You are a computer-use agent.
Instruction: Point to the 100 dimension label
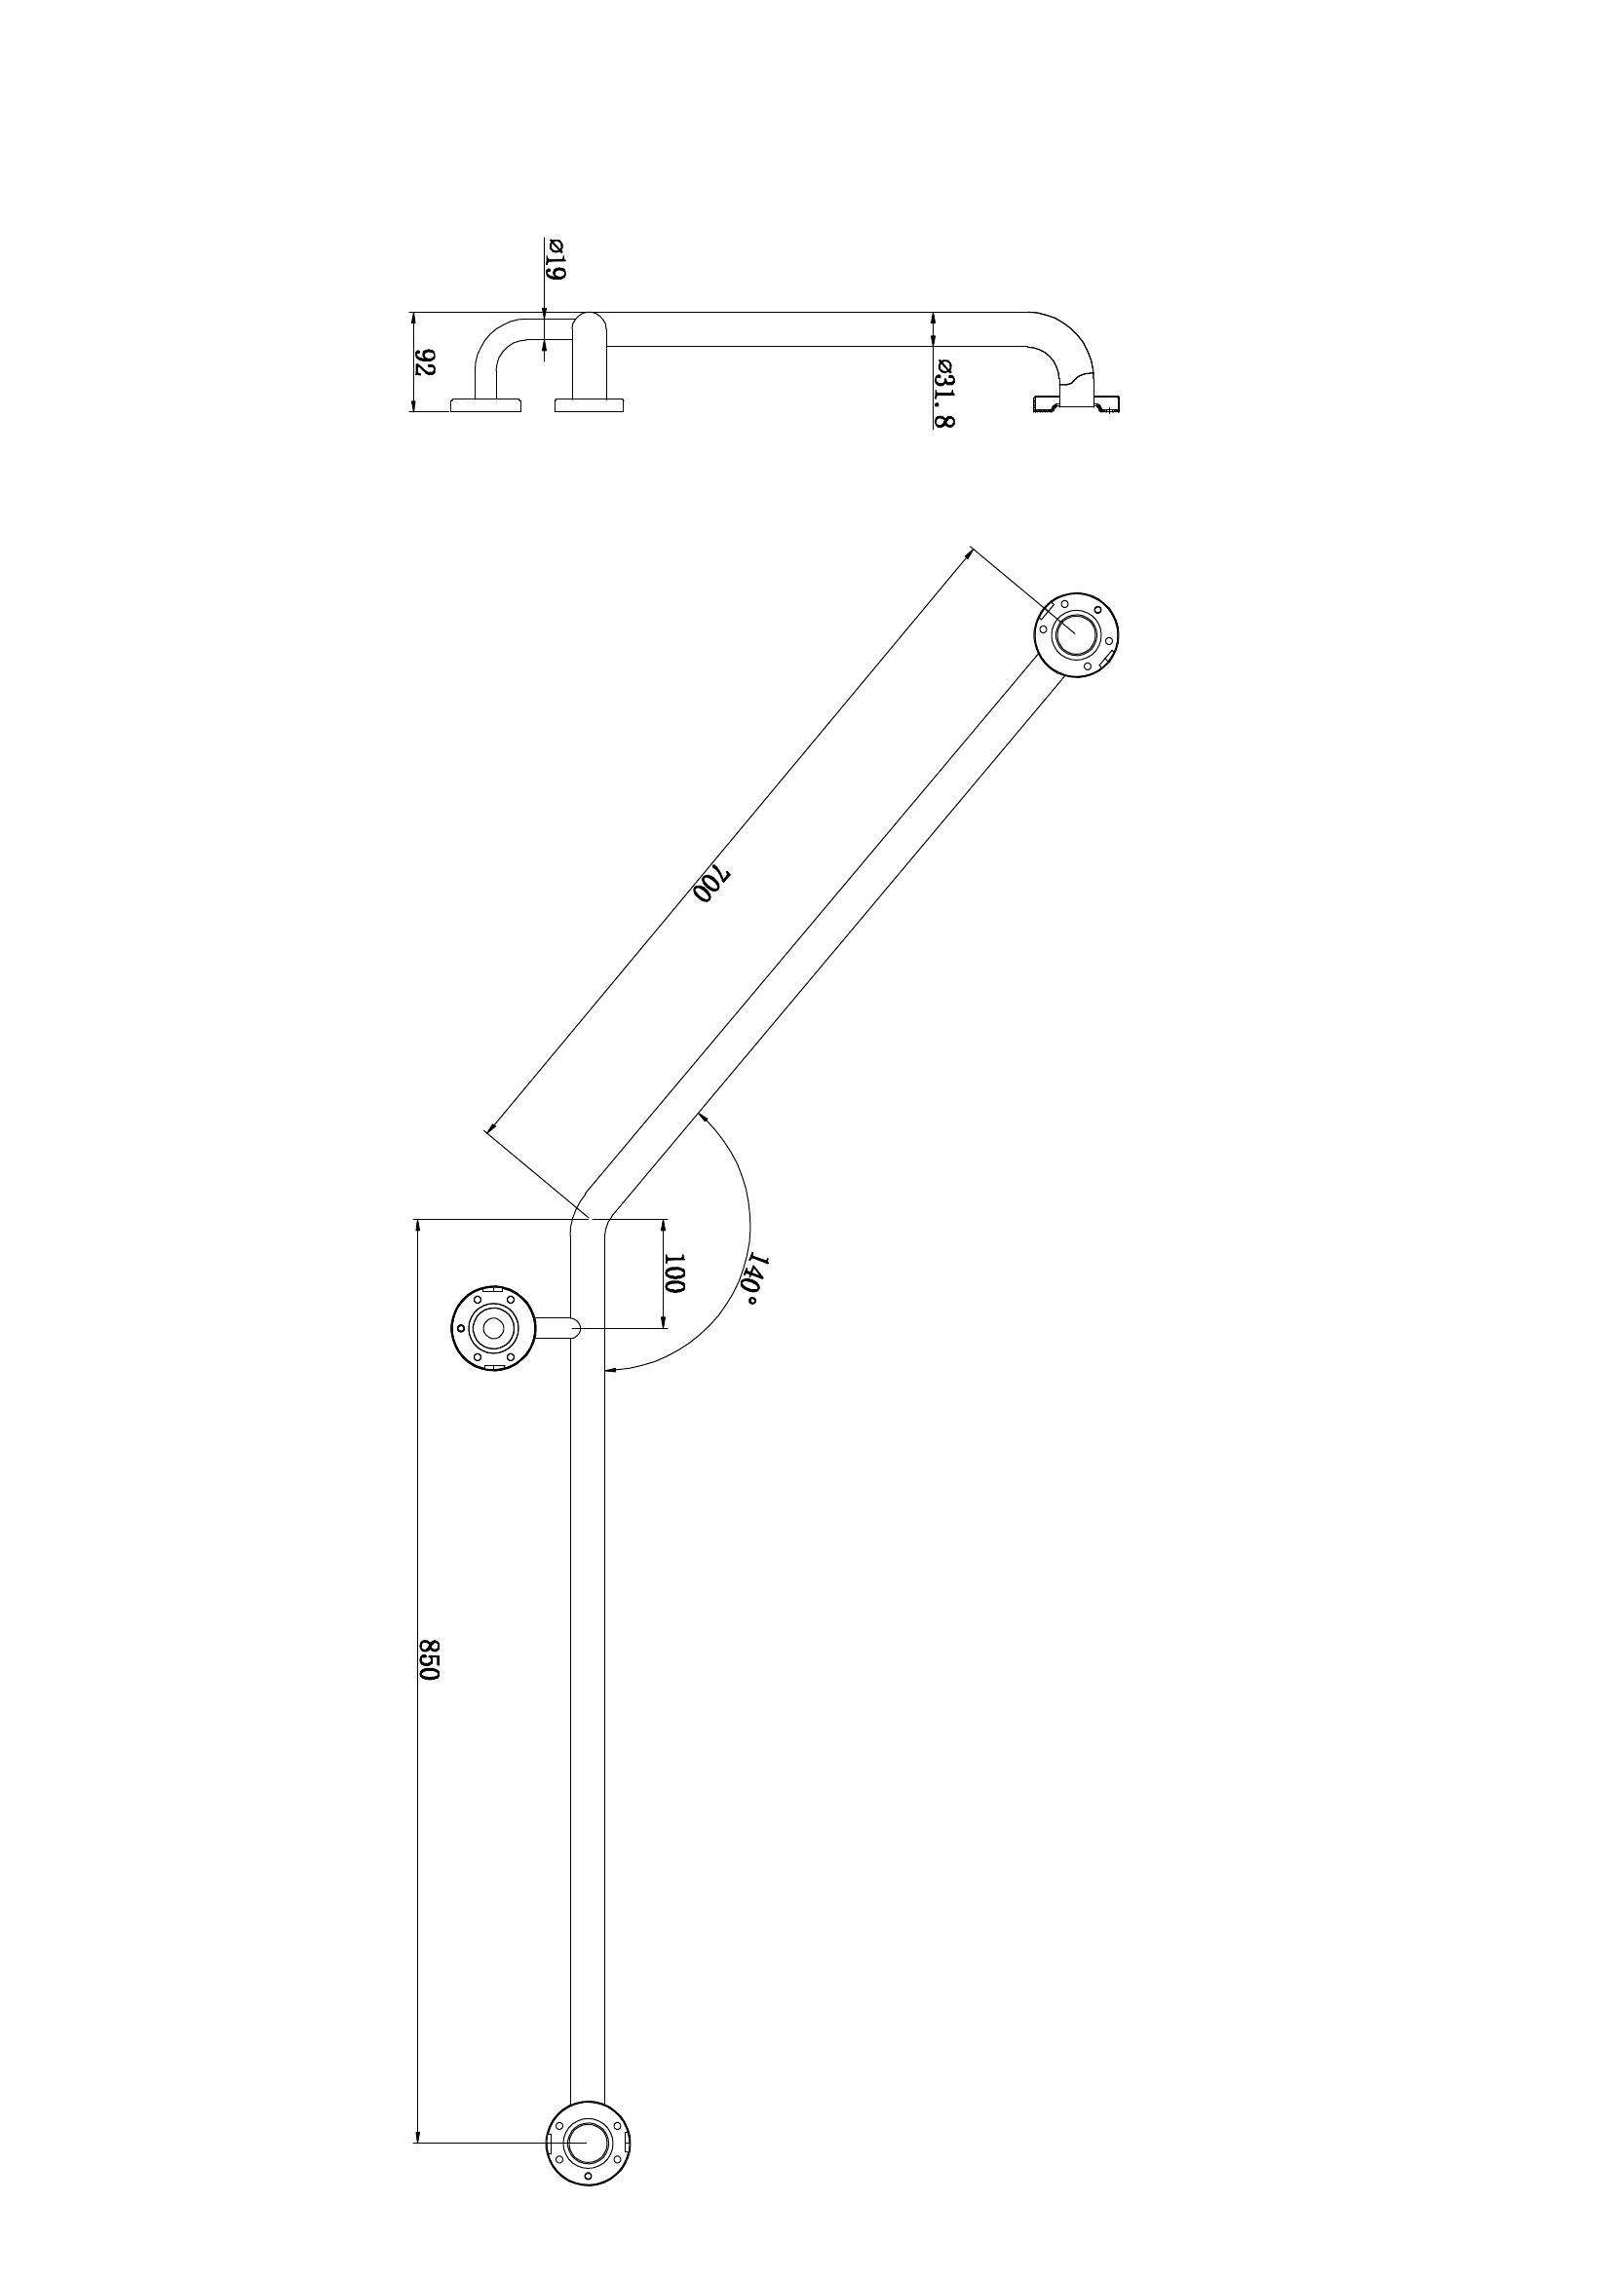(x=675, y=1272)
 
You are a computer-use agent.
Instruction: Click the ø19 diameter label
(x=555, y=259)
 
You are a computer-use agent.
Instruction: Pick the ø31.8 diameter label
(x=944, y=392)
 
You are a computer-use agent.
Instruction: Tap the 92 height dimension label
(x=425, y=362)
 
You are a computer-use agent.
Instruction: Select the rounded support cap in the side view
(x=590, y=342)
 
